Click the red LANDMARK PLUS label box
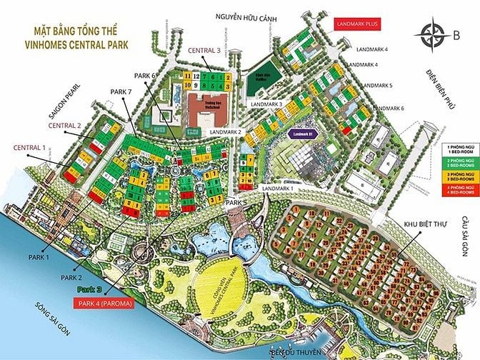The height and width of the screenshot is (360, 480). coord(360,24)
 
